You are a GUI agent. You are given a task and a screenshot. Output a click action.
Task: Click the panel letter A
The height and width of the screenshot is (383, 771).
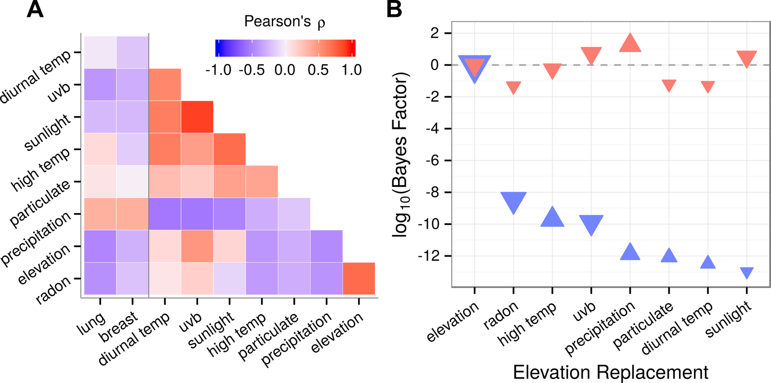point(35,10)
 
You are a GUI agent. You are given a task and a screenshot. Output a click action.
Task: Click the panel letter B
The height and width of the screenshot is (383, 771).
point(394,10)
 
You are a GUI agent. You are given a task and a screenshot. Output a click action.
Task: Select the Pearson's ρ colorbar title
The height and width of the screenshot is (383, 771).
point(284,22)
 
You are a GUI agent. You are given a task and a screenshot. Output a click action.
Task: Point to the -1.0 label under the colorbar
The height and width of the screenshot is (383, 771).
point(218,70)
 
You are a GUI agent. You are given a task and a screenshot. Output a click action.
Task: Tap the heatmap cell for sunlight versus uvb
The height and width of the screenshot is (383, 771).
point(197,117)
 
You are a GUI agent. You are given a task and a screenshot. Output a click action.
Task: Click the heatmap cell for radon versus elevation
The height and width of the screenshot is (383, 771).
point(359,278)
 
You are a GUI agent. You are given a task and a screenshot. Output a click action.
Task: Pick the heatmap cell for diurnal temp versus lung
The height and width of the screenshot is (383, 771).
point(100,53)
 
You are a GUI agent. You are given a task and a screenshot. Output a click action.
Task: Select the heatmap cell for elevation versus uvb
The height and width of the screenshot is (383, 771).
point(197,246)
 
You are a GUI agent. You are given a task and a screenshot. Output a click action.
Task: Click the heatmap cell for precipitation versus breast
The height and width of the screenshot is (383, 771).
point(133,214)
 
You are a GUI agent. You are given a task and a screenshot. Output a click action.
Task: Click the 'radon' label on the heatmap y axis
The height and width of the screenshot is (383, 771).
point(53,290)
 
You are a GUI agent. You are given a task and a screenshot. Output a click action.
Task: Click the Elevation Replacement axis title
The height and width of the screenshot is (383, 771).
point(610,372)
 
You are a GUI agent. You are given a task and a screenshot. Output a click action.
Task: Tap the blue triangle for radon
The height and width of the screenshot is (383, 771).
point(513,201)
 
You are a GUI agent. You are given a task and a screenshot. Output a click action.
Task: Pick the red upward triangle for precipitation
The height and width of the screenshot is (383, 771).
point(630,44)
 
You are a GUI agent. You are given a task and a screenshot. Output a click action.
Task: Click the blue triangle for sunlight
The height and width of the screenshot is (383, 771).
point(746,272)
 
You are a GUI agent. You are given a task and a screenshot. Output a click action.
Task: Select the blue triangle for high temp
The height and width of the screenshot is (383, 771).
point(552,218)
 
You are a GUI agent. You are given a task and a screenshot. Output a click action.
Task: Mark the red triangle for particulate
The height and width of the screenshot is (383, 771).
point(669,85)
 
